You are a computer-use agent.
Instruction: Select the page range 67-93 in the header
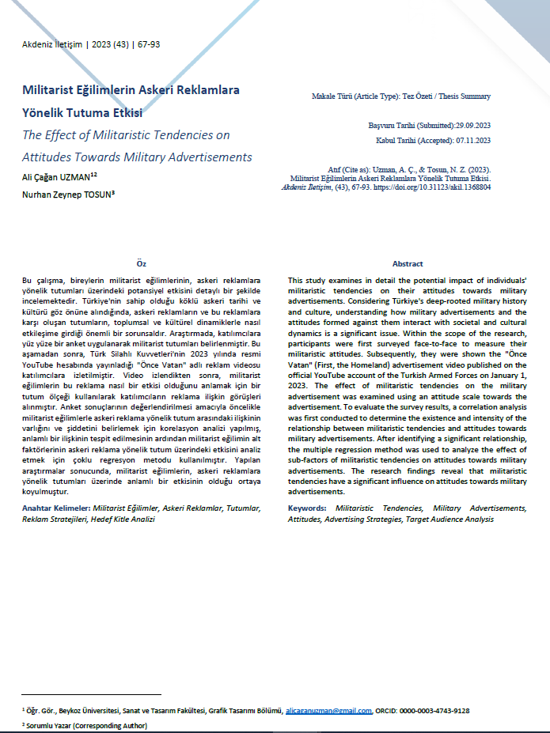tap(147, 44)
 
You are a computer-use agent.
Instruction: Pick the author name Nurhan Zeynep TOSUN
tap(66, 194)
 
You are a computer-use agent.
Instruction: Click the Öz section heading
tap(141, 263)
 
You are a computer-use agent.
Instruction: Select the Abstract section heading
tap(408, 263)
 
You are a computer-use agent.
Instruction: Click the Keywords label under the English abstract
tap(309, 508)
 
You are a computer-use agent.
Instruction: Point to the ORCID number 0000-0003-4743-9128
tap(433, 711)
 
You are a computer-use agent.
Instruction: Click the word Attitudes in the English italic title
tap(50, 156)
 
